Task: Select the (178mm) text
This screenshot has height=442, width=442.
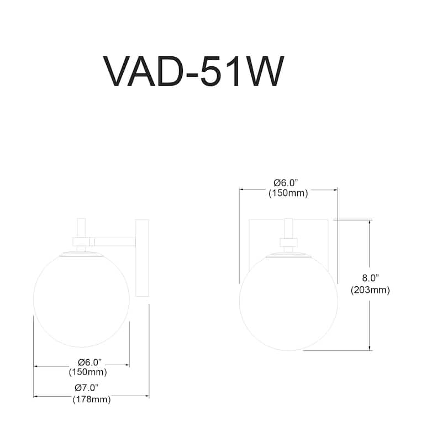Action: (91, 399)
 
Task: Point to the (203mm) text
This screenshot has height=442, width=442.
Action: (370, 290)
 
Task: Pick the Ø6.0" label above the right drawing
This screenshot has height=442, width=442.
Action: (288, 183)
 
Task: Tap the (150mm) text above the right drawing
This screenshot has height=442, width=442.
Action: (288, 193)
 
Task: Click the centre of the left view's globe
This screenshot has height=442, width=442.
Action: (81, 301)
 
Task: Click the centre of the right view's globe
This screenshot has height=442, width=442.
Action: (288, 303)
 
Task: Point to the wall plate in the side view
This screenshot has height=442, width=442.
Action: (142, 260)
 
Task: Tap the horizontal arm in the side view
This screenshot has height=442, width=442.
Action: (113, 241)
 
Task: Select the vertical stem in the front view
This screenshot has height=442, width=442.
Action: (288, 228)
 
